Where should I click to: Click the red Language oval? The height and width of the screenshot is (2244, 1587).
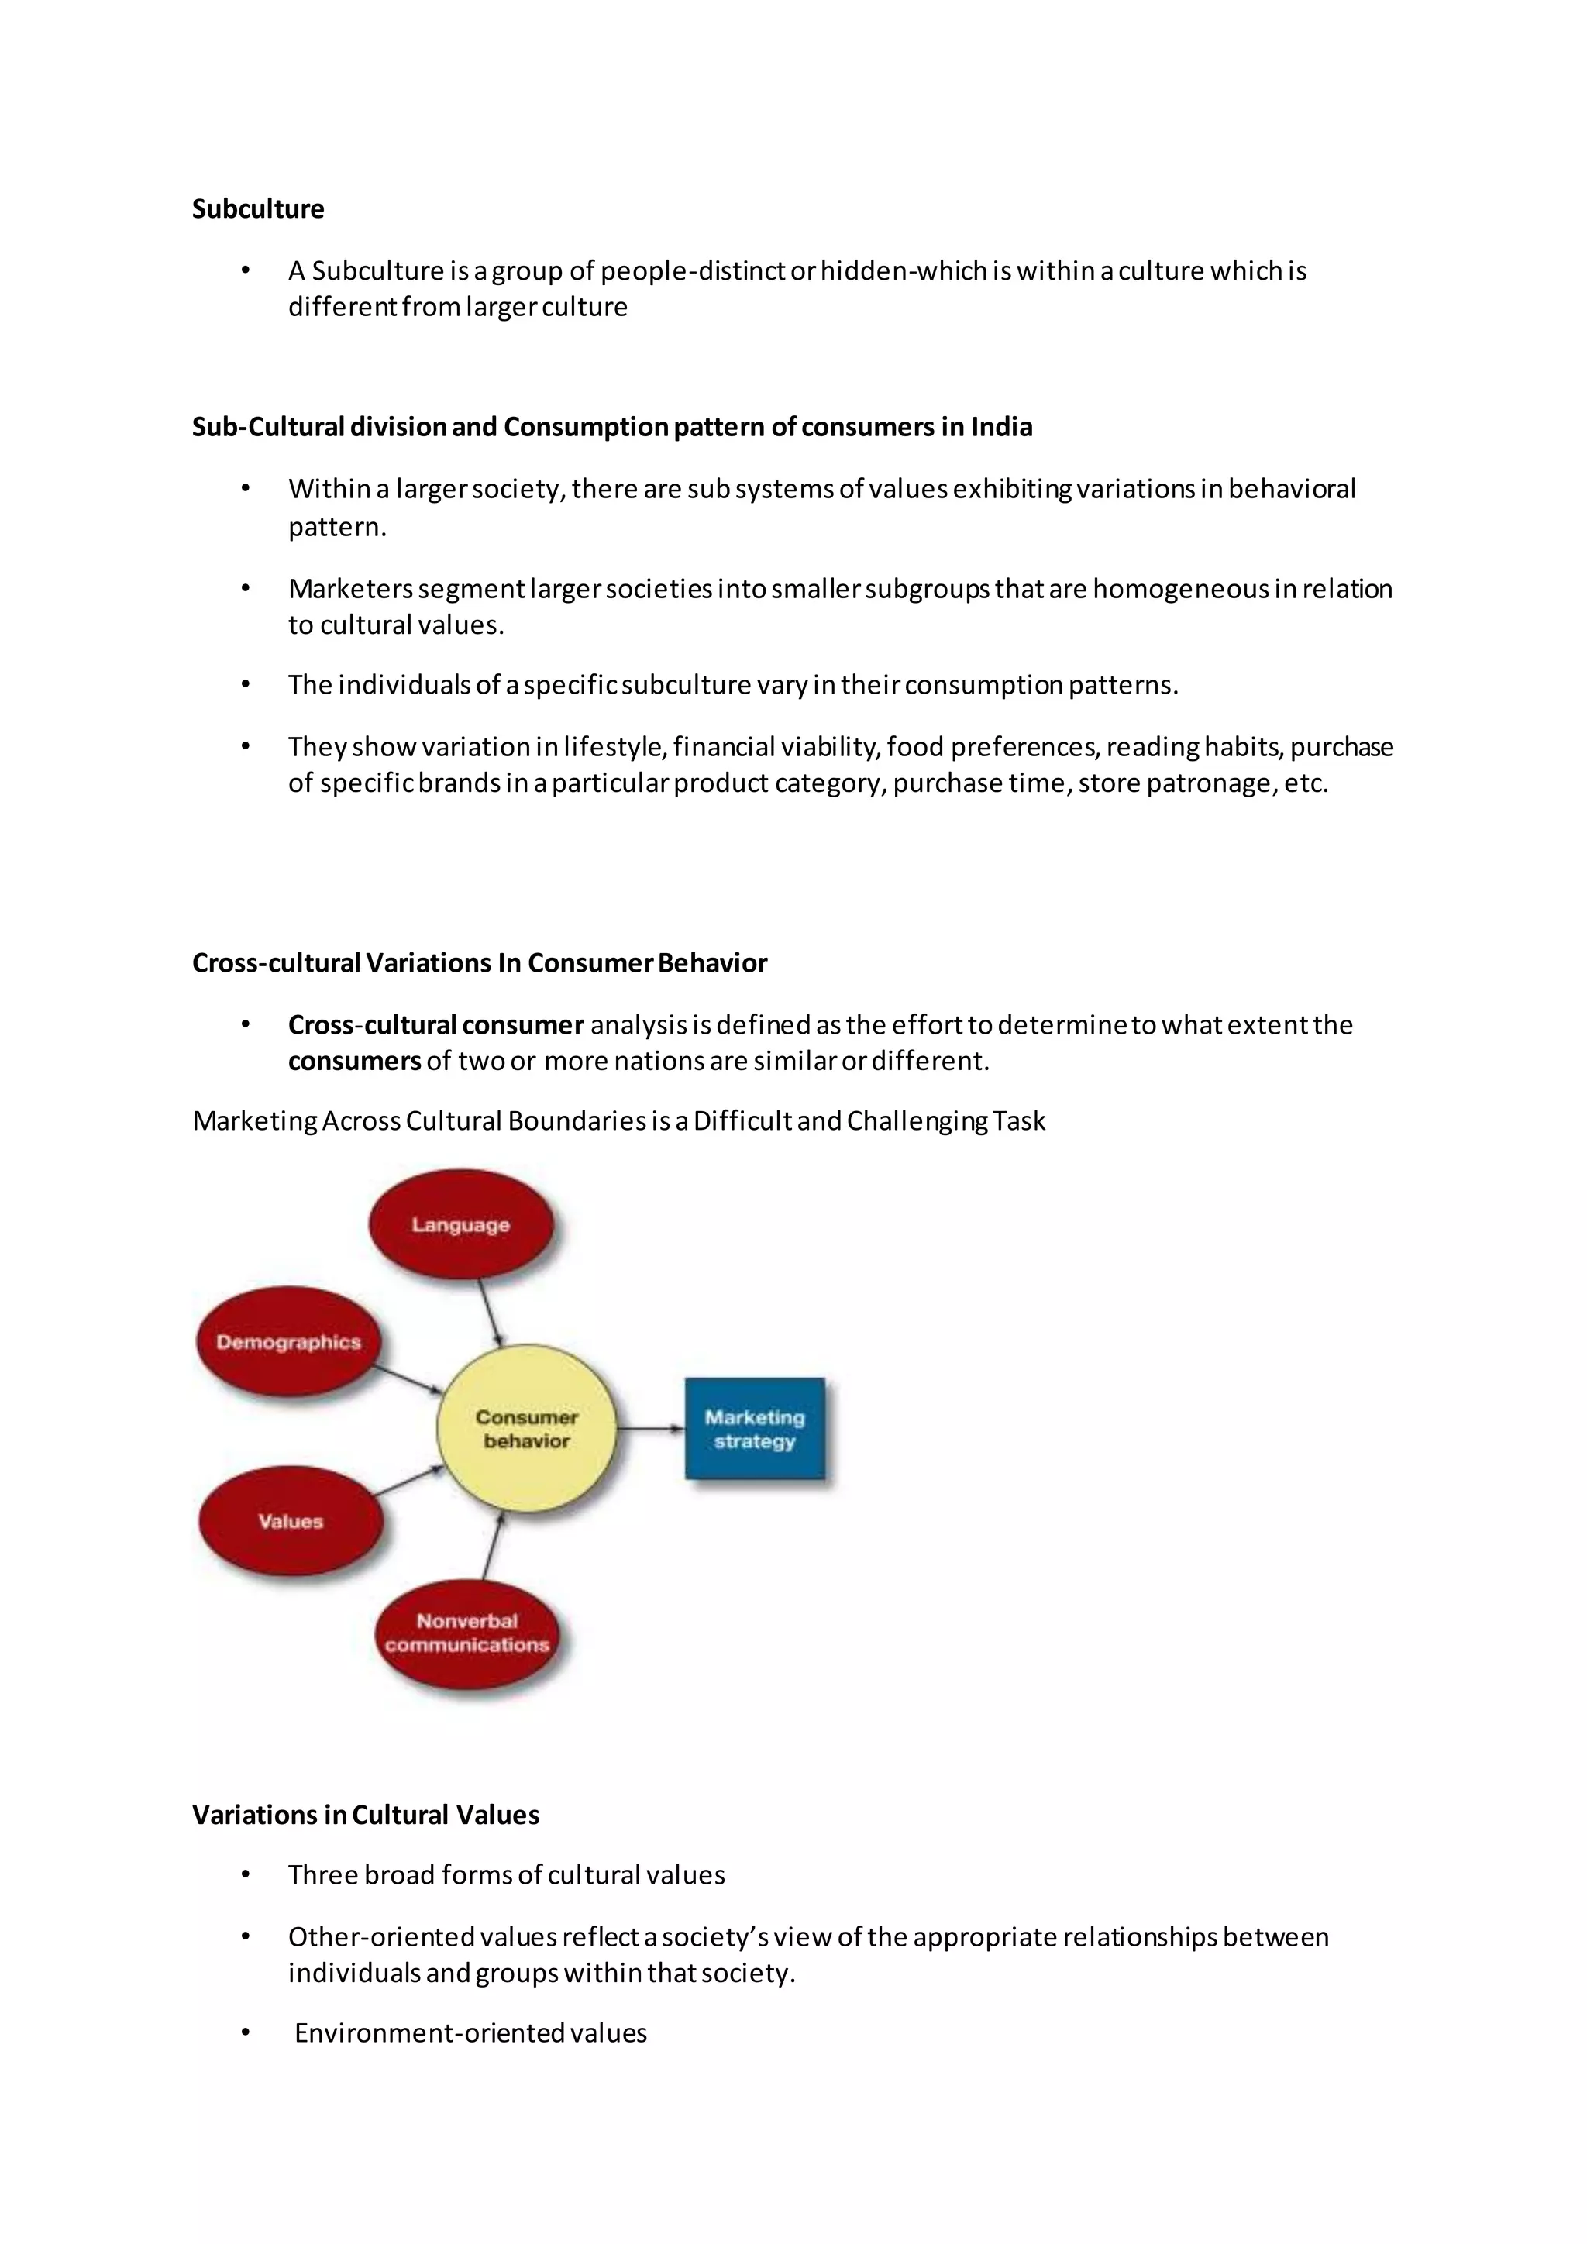pos(460,1224)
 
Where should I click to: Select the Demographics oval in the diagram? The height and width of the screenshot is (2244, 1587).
pos(288,1342)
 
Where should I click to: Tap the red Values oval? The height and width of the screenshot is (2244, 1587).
pos(291,1521)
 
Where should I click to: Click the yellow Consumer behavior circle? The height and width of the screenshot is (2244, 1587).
pos(527,1429)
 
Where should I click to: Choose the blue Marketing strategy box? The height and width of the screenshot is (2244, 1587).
pos(755,1429)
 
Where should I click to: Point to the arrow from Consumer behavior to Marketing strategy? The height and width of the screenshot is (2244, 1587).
pos(651,1429)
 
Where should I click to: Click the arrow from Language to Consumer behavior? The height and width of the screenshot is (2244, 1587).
pos(490,1313)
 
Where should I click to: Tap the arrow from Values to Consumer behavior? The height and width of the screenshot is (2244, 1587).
pos(408,1482)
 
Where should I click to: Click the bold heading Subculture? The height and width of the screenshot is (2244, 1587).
pos(258,209)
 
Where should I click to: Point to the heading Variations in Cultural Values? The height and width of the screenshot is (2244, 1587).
pos(366,1815)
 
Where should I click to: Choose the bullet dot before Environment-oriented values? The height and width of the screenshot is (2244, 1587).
pos(246,2033)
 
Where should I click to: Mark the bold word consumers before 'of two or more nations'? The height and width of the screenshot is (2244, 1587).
pos(354,1062)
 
